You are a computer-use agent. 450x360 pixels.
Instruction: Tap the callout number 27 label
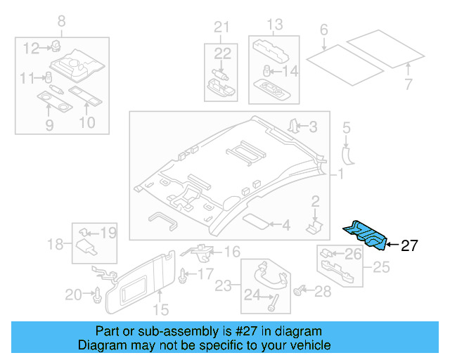409,246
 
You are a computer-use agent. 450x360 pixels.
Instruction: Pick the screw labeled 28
304,289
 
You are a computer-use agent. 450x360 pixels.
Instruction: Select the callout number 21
221,27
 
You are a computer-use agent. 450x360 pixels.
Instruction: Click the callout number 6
324,30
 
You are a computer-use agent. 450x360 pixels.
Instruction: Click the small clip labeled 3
293,127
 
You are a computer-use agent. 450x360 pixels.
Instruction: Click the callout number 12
31,48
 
